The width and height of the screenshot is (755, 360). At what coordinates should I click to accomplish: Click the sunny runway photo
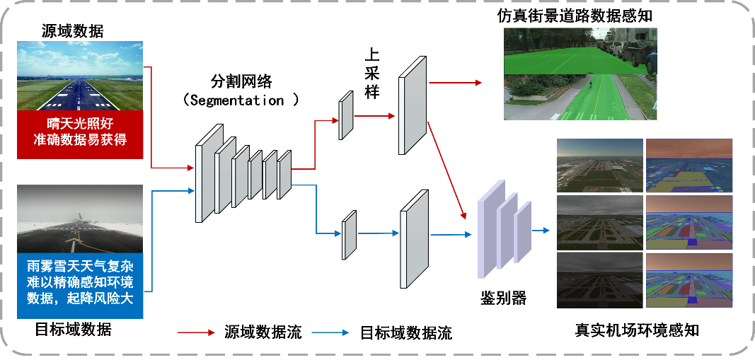point(80,76)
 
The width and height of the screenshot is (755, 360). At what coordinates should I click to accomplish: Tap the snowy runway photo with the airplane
point(80,221)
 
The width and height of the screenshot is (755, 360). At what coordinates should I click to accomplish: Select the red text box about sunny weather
point(80,132)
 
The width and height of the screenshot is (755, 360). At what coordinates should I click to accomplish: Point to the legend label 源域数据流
point(263,332)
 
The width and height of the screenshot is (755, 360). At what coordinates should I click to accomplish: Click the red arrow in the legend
point(195,332)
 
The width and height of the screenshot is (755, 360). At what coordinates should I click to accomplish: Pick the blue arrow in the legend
point(330,332)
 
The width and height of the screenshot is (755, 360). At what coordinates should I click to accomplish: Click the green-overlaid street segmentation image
point(580,74)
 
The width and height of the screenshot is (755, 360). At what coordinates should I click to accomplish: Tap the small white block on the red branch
point(346,116)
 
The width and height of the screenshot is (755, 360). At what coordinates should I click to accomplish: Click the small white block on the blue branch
point(349,236)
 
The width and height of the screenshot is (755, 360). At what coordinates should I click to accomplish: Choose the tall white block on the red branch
point(413,105)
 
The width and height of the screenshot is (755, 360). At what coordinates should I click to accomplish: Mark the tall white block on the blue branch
point(414,239)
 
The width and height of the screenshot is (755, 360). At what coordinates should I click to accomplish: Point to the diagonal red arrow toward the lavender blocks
point(447,170)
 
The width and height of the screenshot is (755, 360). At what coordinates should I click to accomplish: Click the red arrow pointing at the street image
point(455,83)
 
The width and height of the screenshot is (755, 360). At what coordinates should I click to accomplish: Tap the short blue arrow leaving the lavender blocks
point(541,230)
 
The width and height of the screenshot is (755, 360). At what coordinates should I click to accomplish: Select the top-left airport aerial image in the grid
point(600,166)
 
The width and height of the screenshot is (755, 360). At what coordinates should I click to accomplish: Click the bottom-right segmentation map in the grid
point(689,280)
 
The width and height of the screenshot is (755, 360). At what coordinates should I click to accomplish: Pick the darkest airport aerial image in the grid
point(600,280)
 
